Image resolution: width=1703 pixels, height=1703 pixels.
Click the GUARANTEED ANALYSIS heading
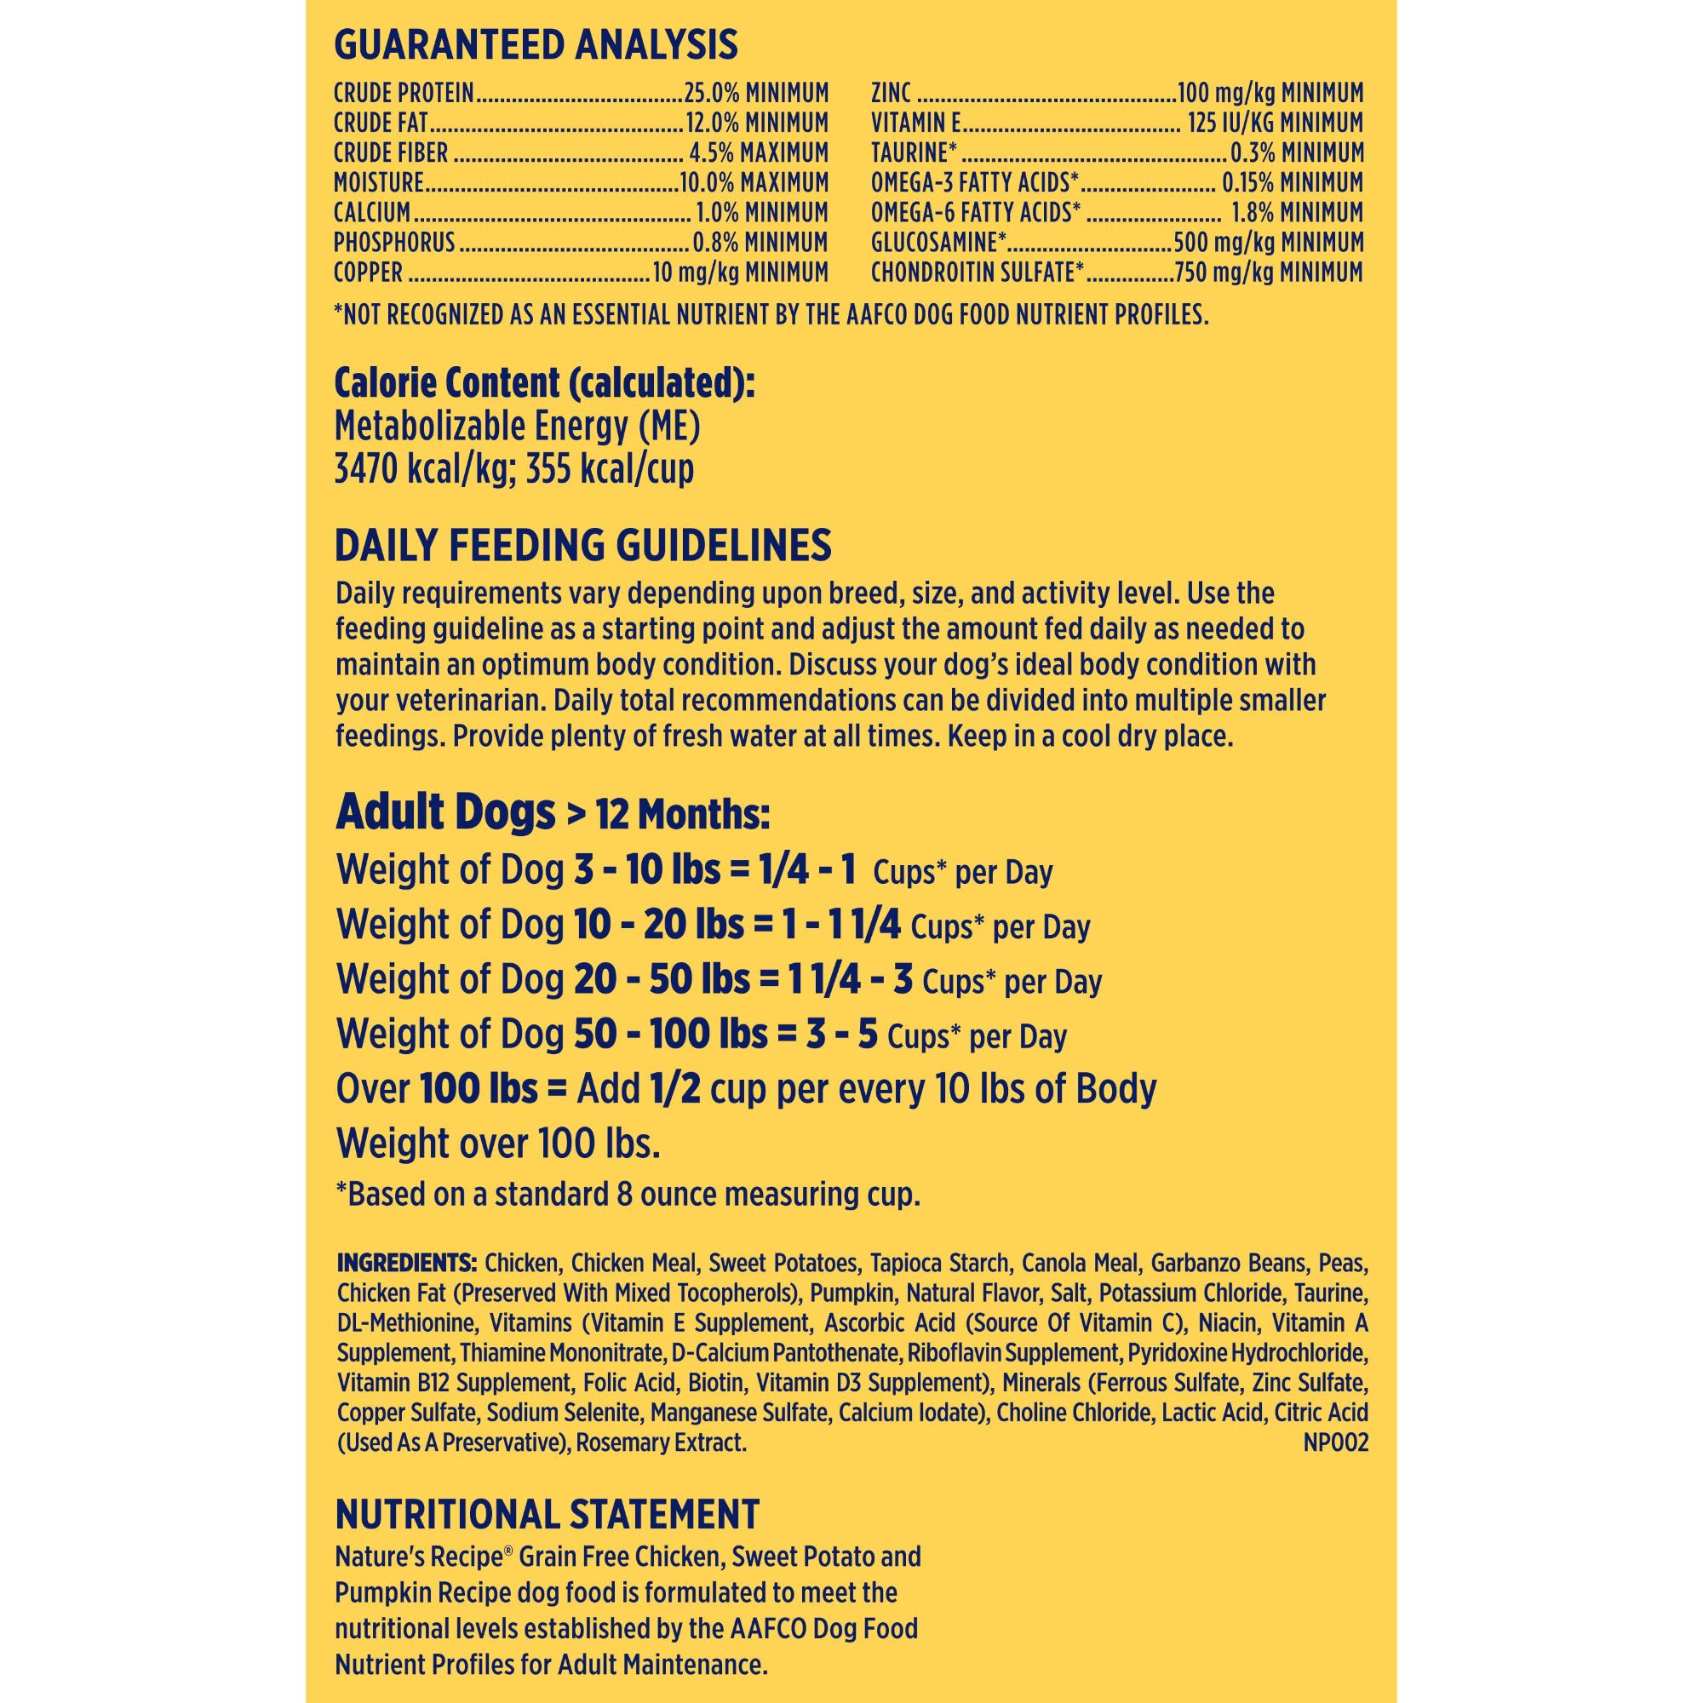coord(536,45)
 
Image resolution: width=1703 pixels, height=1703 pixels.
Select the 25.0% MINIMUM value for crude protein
coord(756,93)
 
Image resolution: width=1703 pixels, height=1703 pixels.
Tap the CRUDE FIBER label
coord(391,152)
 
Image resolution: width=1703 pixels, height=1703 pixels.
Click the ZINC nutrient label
coord(892,93)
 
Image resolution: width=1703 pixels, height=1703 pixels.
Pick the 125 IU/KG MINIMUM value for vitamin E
coord(1275,123)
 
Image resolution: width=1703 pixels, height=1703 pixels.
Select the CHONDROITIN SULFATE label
coord(977,272)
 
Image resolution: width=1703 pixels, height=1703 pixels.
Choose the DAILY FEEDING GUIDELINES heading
coord(582,546)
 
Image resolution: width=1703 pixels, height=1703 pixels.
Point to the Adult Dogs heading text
coord(445,812)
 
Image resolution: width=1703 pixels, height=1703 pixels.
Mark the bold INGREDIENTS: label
coord(406,1263)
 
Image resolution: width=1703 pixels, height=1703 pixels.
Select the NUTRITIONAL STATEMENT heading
coord(547,1514)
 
